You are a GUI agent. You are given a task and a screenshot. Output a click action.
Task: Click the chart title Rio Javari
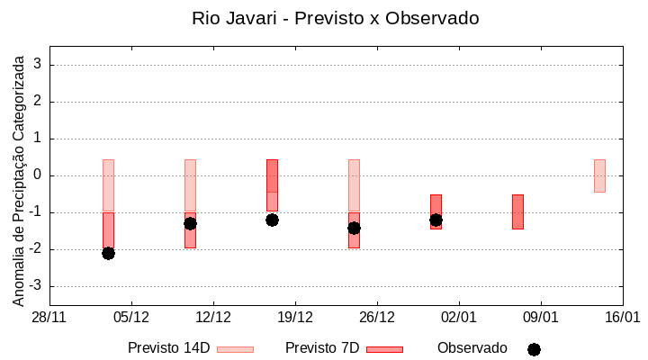pyautogui.click(x=335, y=18)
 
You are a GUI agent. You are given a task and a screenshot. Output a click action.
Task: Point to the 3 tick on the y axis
pyautogui.click(x=39, y=65)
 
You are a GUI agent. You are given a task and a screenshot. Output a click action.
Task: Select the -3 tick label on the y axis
pyautogui.click(x=36, y=286)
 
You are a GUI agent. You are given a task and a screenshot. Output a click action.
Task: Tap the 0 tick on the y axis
pyautogui.click(x=39, y=175)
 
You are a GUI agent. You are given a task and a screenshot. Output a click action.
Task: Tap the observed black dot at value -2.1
pyautogui.click(x=108, y=253)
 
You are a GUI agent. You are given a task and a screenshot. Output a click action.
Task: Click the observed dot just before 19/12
pyautogui.click(x=272, y=220)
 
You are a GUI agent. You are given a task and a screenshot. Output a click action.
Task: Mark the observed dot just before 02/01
pyautogui.click(x=436, y=220)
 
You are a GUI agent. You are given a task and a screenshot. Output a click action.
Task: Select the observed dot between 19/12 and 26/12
pyautogui.click(x=354, y=228)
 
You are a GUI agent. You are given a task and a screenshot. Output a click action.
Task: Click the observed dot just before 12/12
pyautogui.click(x=190, y=223)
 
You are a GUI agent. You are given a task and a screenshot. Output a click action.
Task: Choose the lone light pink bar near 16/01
pyautogui.click(x=599, y=175)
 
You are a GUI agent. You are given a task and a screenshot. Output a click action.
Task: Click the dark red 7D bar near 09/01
pyautogui.click(x=517, y=211)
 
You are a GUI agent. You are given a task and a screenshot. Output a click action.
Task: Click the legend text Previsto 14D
pyautogui.click(x=168, y=348)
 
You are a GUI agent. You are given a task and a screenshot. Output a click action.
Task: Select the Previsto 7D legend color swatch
pyautogui.click(x=384, y=349)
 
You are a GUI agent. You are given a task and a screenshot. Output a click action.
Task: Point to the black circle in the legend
pyautogui.click(x=534, y=349)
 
